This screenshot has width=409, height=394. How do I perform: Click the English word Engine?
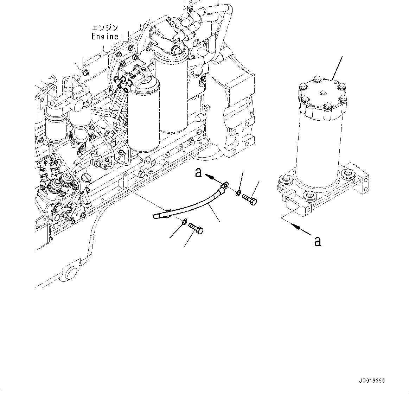coord(105,36)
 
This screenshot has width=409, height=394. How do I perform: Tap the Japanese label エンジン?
coord(104,28)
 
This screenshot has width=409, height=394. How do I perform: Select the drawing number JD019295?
coord(372,381)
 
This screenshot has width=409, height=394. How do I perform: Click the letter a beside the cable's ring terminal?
coord(199,173)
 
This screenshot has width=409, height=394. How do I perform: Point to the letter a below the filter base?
coord(318,241)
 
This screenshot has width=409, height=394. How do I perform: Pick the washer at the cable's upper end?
coord(238,193)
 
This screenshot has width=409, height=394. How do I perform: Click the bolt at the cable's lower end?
coord(197,228)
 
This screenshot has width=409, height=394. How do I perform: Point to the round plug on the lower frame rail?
coord(70,273)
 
